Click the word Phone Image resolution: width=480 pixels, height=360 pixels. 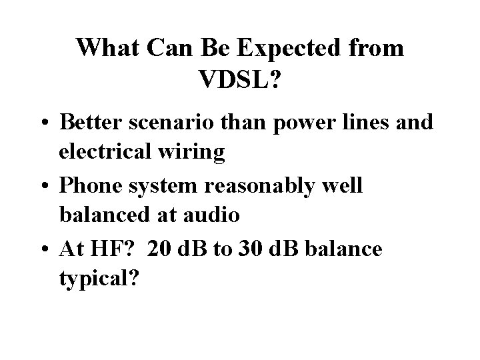click(x=87, y=186)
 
